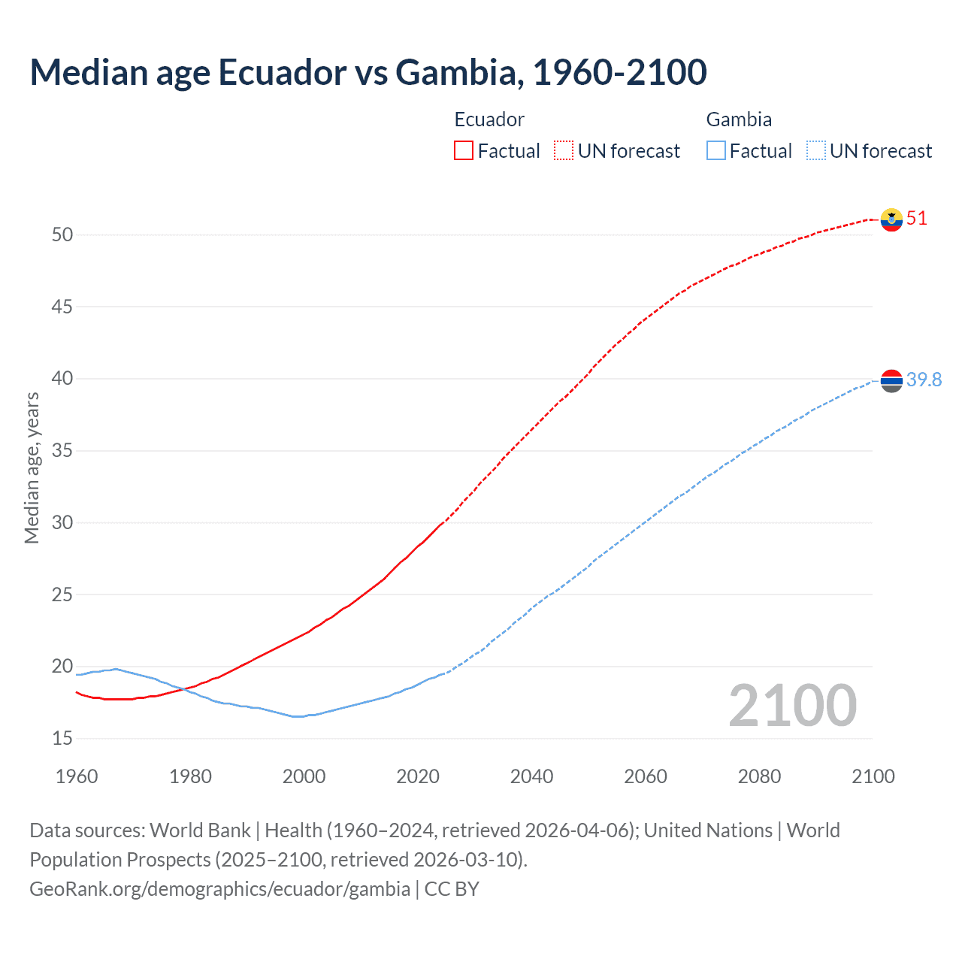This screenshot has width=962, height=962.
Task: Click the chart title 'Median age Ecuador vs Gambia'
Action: [368, 72]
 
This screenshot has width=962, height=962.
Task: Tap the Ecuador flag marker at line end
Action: [891, 219]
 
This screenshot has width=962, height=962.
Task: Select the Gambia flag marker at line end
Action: [891, 381]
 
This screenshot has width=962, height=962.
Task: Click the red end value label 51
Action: [917, 219]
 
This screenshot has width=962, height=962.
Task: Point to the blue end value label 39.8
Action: [924, 380]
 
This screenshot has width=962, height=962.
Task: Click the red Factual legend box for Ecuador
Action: [464, 151]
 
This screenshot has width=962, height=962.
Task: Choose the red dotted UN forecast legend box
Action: [564, 151]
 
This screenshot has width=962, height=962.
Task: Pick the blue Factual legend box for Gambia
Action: [716, 151]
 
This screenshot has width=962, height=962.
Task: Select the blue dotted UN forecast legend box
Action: [816, 151]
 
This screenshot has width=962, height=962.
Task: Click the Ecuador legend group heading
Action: [489, 119]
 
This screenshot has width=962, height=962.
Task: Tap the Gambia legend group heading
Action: [739, 119]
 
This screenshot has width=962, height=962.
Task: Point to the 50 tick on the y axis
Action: [62, 234]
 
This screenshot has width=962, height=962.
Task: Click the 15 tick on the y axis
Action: [62, 739]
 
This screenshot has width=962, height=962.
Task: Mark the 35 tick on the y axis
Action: [62, 451]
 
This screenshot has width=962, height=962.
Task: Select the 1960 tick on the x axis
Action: [77, 776]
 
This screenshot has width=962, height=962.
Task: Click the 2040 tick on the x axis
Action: [531, 776]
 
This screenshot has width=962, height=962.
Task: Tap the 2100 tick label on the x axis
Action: [873, 776]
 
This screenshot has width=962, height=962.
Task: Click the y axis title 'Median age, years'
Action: [32, 467]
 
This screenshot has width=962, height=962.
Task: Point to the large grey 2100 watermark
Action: [792, 705]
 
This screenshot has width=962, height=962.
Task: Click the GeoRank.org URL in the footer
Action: [219, 889]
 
